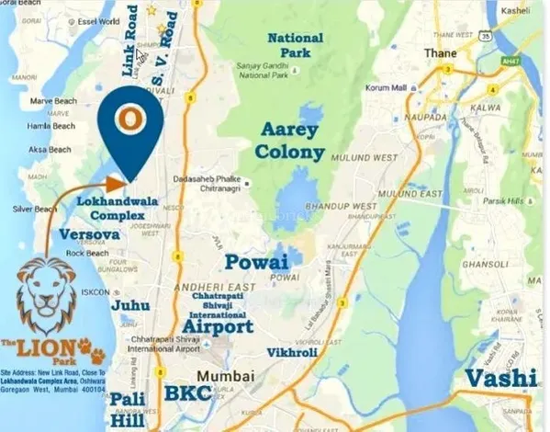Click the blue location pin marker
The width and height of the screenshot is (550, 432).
click(132, 121)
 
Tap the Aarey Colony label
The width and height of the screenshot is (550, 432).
click(292, 140)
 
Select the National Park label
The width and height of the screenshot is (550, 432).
click(296, 45)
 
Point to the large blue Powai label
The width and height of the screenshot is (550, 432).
click(258, 262)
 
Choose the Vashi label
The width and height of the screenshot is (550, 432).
click(500, 378)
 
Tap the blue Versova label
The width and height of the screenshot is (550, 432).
click(88, 234)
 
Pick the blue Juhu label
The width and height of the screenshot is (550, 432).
click(130, 304)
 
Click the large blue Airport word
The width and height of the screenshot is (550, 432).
click(218, 326)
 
